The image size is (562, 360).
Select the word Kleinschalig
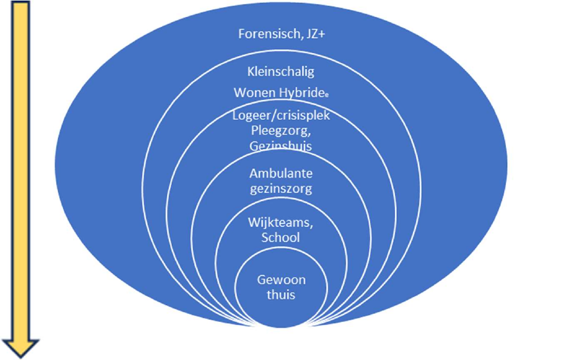pos(280,72)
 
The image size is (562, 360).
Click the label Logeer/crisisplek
pos(280,116)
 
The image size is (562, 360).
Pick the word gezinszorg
pos(280,189)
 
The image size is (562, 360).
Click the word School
pos(280,237)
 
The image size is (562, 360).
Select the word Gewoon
pos(280,278)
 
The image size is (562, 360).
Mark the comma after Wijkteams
pos(311,226)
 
